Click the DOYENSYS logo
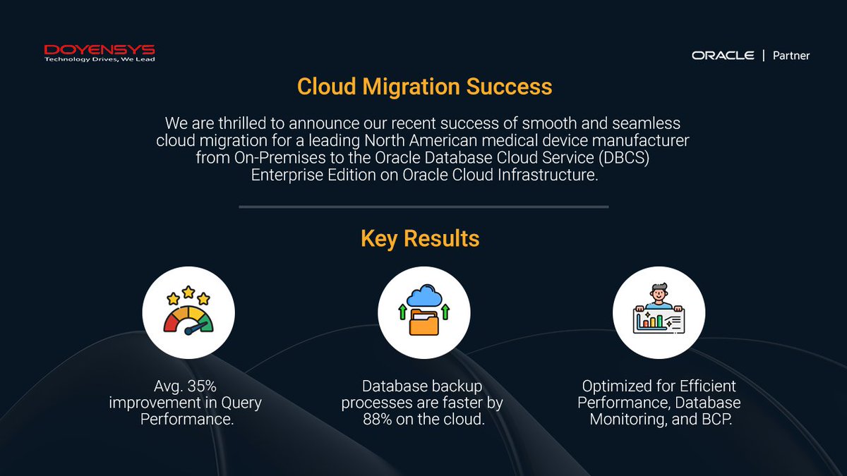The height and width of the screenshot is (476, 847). coord(100,50)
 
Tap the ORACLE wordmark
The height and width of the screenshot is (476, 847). coord(723,55)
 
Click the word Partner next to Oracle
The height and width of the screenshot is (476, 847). coord(791,55)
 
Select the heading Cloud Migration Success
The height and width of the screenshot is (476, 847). coord(424,87)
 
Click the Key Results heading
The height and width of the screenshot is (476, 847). coord(420,238)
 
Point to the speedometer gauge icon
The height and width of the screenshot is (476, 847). coord(188,313)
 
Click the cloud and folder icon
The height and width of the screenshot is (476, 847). coord(423,313)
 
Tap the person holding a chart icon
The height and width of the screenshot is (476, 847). coord(659,313)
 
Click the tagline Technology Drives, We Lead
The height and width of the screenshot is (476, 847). coord(100,60)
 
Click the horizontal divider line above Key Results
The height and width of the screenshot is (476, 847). coord(423,207)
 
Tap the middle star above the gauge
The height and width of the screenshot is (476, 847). coord(188,291)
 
